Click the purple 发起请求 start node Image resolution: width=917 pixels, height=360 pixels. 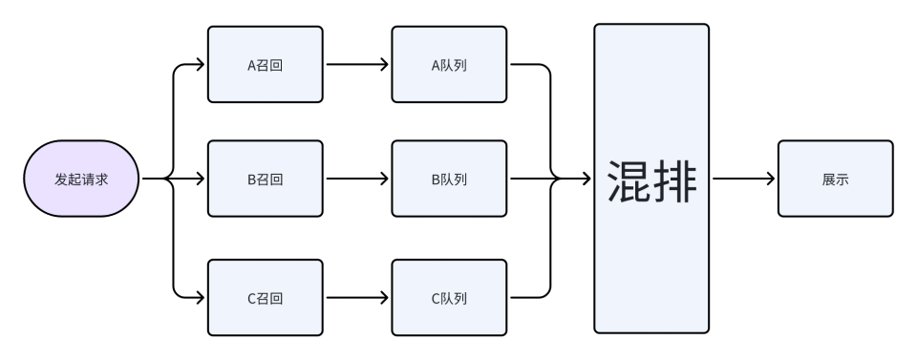coord(82,179)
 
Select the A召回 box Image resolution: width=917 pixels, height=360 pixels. coord(266,66)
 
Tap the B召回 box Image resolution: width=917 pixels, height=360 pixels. coord(266,179)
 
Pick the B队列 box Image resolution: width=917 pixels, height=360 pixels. coord(449,179)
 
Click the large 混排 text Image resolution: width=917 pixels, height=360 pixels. coord(651,179)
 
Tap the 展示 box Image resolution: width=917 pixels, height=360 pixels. coord(835,179)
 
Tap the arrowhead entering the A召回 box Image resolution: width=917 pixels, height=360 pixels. coord(200,66)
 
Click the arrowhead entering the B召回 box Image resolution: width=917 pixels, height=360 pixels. coord(200,179)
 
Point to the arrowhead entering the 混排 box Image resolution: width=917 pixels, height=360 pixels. coord(586,179)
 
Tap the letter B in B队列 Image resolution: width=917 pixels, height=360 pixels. coord(436,179)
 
